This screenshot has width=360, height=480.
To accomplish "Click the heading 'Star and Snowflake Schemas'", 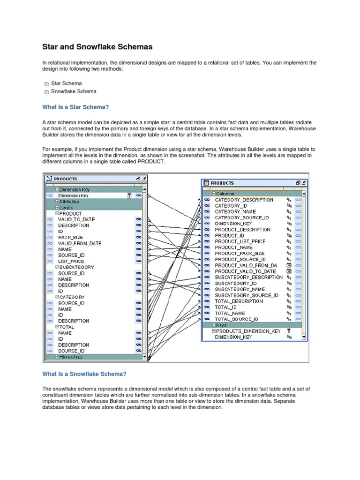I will (x=97, y=47).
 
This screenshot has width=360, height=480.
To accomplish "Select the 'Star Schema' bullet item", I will (x=66, y=83).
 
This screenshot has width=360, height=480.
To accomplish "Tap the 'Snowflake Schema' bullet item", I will (x=74, y=92).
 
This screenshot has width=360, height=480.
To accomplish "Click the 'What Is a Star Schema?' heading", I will (x=75, y=107).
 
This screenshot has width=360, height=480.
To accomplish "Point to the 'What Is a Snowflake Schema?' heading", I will (x=84, y=374).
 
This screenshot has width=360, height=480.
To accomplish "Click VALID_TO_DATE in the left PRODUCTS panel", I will (x=76, y=219).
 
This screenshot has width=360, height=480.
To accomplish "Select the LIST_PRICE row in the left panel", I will (x=71, y=261).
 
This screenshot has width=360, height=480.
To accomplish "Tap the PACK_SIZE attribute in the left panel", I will (x=70, y=237).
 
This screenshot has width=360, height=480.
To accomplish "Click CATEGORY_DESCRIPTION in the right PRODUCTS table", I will (x=244, y=200).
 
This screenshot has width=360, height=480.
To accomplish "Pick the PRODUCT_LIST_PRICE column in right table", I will (x=240, y=241).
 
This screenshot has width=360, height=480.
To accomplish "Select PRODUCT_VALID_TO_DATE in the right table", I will (x=245, y=271).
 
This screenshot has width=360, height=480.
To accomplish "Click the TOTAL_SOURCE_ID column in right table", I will (x=236, y=319).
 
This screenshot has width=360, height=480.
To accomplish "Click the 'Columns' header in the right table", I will (x=225, y=194).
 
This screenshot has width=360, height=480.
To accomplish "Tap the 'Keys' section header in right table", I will (x=221, y=325).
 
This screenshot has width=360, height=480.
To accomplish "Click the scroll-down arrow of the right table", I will (x=304, y=337).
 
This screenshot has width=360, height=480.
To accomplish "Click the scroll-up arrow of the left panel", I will (x=144, y=190).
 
